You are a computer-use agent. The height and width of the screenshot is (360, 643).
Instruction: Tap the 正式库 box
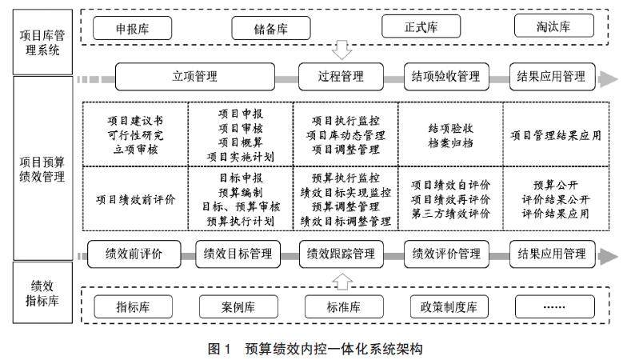point(421,28)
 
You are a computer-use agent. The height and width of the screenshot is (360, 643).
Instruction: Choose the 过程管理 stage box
point(341,77)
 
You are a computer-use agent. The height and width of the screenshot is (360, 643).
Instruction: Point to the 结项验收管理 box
point(446,77)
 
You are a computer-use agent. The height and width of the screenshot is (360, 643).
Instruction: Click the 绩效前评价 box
point(134,254)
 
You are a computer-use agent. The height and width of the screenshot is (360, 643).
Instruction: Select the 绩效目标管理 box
point(238,254)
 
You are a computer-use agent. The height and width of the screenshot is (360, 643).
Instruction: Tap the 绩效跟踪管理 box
point(341,254)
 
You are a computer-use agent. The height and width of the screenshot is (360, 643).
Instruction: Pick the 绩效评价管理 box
point(446,254)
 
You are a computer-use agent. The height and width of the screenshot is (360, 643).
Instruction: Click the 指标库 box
point(134,306)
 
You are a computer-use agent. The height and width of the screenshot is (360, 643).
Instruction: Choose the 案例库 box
point(238,306)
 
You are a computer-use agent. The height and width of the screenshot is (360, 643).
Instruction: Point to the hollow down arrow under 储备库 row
point(341,50)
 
